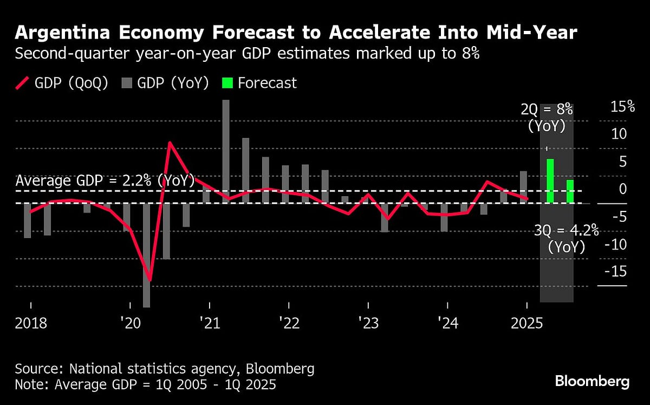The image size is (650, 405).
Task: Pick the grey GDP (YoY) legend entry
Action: pos(165,83)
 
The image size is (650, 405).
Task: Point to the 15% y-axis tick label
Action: pos(622,107)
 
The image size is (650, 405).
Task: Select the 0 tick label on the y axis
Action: pos(623,189)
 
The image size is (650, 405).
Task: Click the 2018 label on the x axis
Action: pos(31,324)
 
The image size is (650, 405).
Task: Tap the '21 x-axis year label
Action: pos(209,324)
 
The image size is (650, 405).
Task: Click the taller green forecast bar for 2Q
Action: pos(550,181)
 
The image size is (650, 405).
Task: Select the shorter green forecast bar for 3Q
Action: pos(570,191)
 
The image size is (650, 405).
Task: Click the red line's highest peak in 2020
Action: pos(170,143)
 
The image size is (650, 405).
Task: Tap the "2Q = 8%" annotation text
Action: pos(546,110)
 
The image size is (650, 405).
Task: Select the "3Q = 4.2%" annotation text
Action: pos(567,231)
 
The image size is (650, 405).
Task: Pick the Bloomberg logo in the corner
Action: pos(592,381)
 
